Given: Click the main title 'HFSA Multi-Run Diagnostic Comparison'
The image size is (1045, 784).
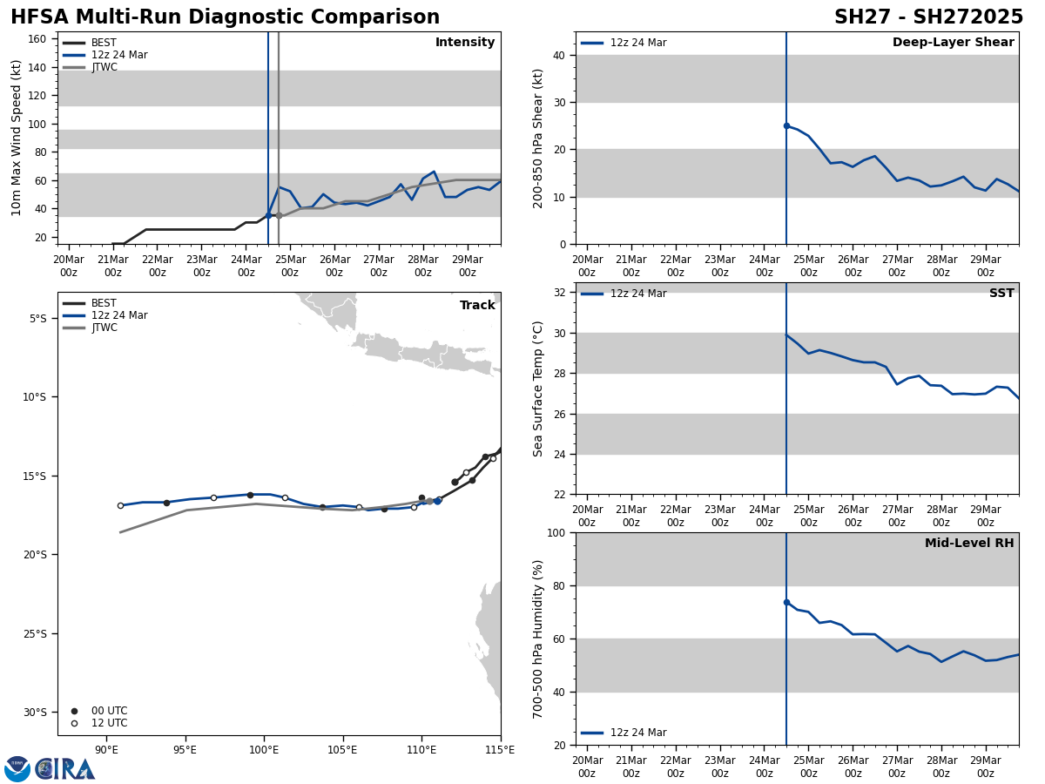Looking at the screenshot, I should pyautogui.click(x=225, y=17).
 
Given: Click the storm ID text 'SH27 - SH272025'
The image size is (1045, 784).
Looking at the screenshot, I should pyautogui.click(x=928, y=17).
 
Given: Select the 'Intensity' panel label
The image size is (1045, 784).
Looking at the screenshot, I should pyautogui.click(x=465, y=43).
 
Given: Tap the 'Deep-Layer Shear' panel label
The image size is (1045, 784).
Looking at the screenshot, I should pyautogui.click(x=953, y=43).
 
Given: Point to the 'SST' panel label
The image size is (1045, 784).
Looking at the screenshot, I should pyautogui.click(x=1001, y=294).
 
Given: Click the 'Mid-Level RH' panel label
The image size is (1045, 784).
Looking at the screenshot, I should pyautogui.click(x=969, y=544).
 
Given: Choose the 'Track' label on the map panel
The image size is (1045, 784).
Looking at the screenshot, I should pyautogui.click(x=477, y=306).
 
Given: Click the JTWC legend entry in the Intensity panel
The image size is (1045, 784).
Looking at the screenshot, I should pyautogui.click(x=104, y=67).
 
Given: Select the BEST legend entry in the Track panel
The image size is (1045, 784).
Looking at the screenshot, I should pyautogui.click(x=104, y=303).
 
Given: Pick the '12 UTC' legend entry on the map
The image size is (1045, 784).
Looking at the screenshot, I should pyautogui.click(x=109, y=723).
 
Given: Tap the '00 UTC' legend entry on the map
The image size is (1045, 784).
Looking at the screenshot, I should pyautogui.click(x=109, y=711).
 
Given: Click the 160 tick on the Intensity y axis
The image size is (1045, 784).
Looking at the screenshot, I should pyautogui.click(x=37, y=39).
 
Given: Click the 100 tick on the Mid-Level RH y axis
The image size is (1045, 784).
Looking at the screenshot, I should pyautogui.click(x=554, y=532).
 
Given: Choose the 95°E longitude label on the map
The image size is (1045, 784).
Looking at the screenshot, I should pyautogui.click(x=185, y=749).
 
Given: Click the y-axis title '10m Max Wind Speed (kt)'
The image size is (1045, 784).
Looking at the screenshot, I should pyautogui.click(x=17, y=138).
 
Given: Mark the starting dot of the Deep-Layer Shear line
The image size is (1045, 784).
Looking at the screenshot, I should pyautogui.click(x=786, y=125).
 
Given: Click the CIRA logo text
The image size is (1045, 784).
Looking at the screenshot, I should pyautogui.click(x=65, y=769).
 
